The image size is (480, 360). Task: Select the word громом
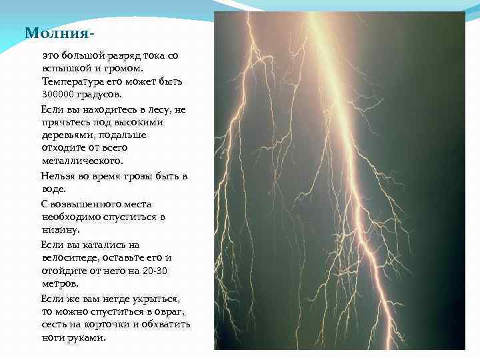tap(139, 68)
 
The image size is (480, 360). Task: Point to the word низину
tap(60, 230)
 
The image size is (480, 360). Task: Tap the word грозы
tap(133, 176)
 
